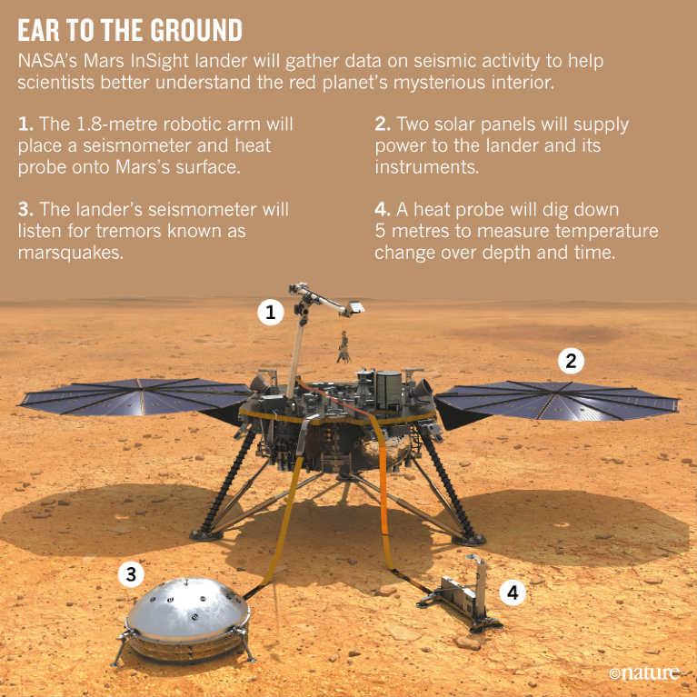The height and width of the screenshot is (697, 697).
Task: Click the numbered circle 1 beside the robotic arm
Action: point(270,314)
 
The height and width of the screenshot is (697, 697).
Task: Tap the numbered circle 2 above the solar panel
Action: point(571,361)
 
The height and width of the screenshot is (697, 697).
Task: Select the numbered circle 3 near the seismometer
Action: point(133,573)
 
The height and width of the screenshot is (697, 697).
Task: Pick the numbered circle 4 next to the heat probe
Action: point(513,592)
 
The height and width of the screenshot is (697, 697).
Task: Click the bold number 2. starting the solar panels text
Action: point(382,124)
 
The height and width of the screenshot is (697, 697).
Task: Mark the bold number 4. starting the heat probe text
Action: point(382,209)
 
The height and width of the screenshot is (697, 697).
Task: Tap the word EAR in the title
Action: point(42,32)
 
